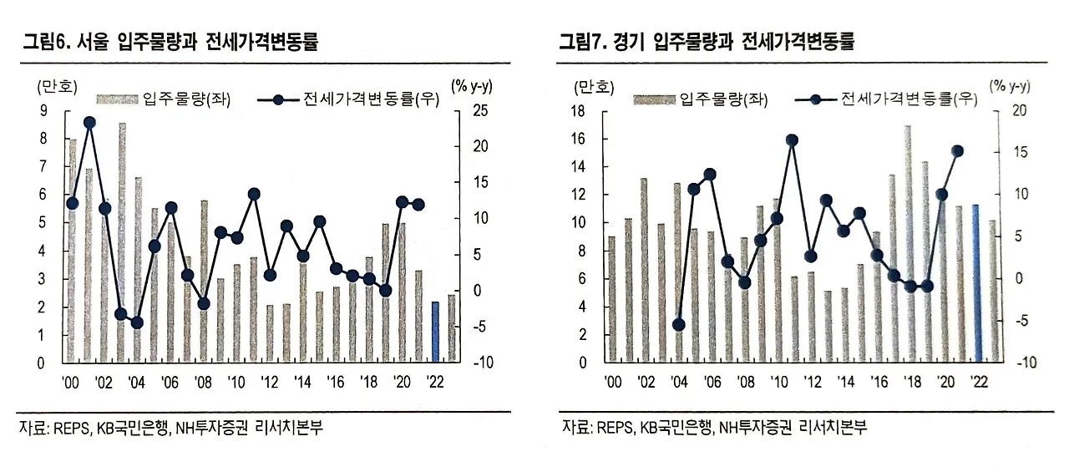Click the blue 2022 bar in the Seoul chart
point(435,332)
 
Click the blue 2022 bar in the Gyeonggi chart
point(975,283)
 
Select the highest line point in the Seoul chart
point(89,123)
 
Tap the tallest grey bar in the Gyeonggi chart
point(908,244)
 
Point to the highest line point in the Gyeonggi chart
point(792,140)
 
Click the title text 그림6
point(47,41)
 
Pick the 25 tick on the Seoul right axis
point(459,111)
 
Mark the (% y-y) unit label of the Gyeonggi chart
point(1009,85)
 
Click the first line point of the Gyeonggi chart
point(678,324)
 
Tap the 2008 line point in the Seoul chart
point(203,303)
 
